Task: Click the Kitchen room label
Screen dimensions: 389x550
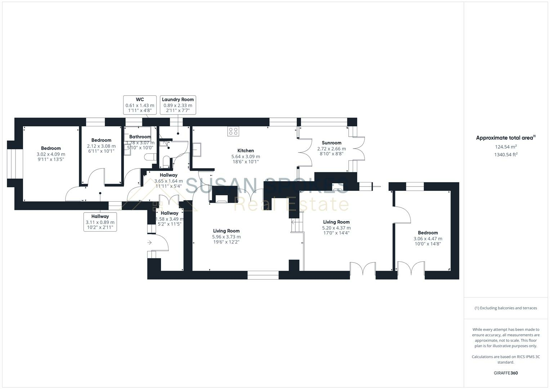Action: tap(245, 151)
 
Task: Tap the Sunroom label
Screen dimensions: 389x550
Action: tap(331, 143)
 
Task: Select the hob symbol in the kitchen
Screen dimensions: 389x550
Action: tap(233, 131)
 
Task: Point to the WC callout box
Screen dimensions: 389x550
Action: tap(140, 105)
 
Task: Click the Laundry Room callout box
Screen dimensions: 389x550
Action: tap(178, 105)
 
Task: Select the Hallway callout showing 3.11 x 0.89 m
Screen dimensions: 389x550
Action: tap(100, 222)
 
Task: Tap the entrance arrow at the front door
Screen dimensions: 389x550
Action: tap(149, 243)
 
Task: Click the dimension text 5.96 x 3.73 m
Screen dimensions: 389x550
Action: tap(226, 237)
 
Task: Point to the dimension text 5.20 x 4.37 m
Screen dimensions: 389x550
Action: tap(336, 228)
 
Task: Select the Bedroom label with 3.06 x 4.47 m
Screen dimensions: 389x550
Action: tap(428, 233)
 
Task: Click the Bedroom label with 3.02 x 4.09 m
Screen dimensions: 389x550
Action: tap(51, 148)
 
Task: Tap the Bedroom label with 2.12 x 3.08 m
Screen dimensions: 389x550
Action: tap(101, 140)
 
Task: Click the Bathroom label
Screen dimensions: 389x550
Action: tap(140, 137)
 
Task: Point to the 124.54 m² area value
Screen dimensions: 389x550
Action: tap(506, 147)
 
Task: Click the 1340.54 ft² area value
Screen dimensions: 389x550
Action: tap(506, 155)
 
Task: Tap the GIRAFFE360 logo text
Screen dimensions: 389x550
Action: tap(506, 373)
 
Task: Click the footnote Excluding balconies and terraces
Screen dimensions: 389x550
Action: tap(506, 308)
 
